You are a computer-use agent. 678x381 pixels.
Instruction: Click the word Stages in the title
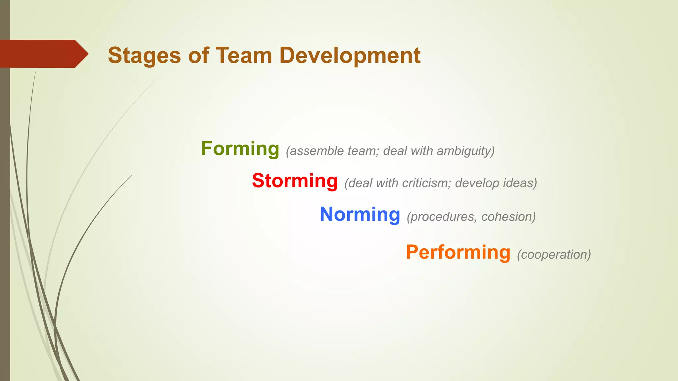pyautogui.click(x=144, y=56)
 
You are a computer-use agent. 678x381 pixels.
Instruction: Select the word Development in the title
pyautogui.click(x=350, y=56)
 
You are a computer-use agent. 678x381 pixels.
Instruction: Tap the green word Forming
pyautogui.click(x=240, y=149)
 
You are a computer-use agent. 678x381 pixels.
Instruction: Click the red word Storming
pyautogui.click(x=295, y=181)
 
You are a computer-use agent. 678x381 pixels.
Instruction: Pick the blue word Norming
pyautogui.click(x=360, y=214)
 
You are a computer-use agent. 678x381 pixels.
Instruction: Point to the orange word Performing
pyautogui.click(x=458, y=253)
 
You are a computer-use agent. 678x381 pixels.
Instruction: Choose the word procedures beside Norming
pyautogui.click(x=442, y=217)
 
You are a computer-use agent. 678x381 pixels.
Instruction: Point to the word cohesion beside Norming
pyautogui.click(x=508, y=217)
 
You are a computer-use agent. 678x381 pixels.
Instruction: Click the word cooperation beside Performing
pyautogui.click(x=554, y=255)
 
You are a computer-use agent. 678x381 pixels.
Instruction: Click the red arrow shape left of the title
pyautogui.click(x=40, y=54)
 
